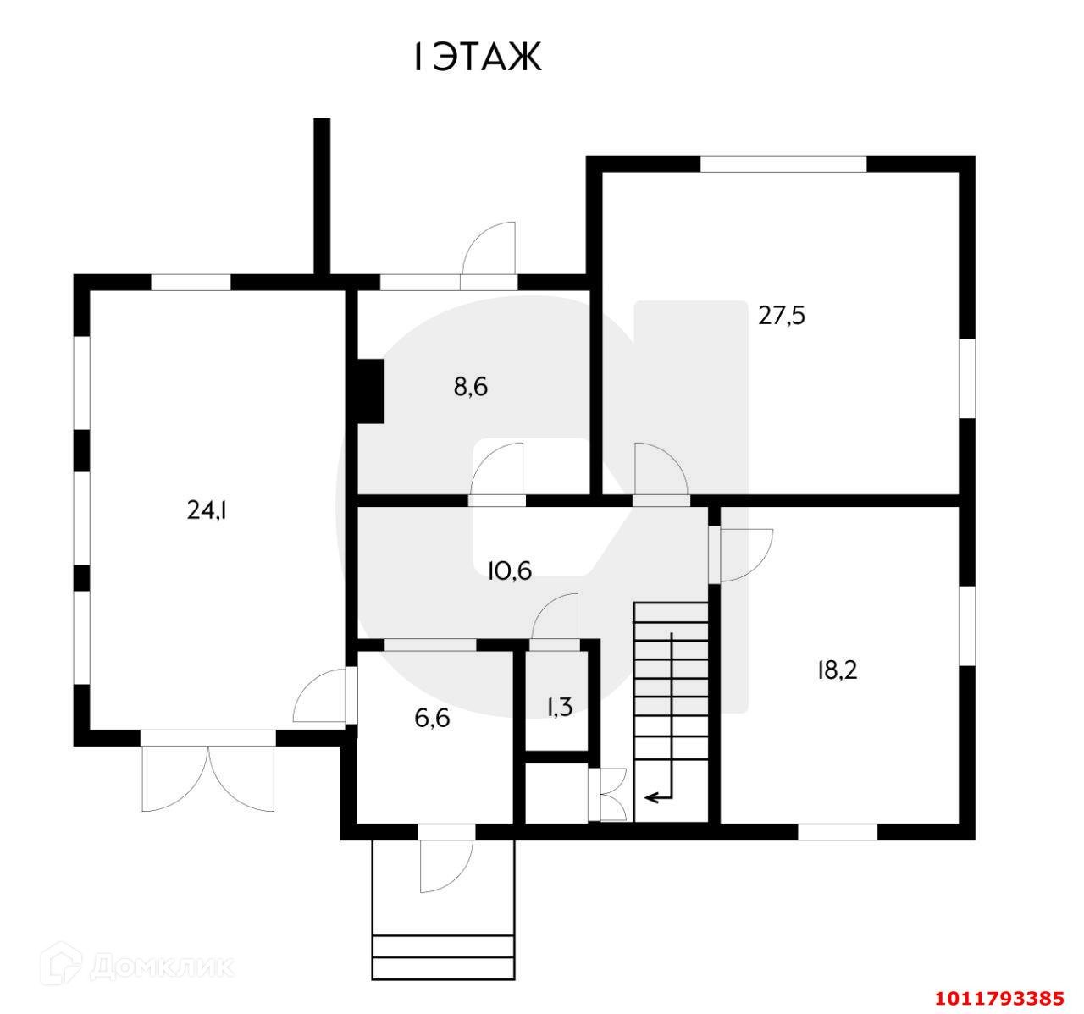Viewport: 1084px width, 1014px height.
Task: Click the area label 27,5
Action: (x=781, y=317)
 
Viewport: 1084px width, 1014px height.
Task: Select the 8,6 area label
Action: (x=471, y=387)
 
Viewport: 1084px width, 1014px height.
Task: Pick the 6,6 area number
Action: (x=431, y=719)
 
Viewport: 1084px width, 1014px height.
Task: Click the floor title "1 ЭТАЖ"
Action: (x=477, y=58)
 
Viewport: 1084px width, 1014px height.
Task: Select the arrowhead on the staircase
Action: (x=651, y=796)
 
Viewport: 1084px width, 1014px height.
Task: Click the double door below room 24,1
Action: (x=208, y=774)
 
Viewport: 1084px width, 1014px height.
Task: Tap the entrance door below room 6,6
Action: (x=446, y=863)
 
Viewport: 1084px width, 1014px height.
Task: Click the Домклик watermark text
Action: (x=161, y=966)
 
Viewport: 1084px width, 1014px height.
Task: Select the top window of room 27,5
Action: (x=783, y=164)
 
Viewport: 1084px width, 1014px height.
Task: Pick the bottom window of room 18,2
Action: (x=838, y=831)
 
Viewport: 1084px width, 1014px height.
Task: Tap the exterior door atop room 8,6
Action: (x=489, y=250)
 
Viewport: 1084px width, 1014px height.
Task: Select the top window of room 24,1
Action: (x=190, y=283)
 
